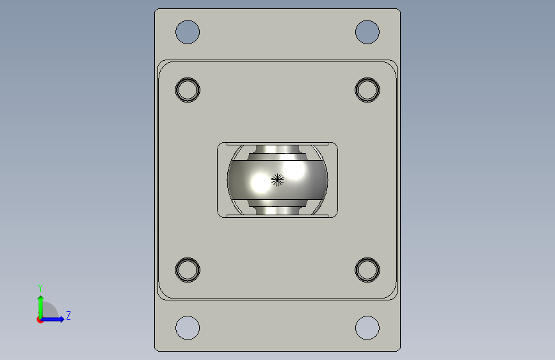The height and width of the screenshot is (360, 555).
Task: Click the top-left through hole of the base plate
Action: point(188,32)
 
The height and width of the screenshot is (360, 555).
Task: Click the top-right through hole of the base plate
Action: point(367,32)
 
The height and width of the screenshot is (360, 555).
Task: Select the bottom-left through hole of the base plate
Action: point(188,328)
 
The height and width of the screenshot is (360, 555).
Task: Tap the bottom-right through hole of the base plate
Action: point(367,328)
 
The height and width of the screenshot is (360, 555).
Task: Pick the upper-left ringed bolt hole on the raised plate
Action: point(188,90)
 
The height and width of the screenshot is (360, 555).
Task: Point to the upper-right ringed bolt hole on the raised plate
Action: point(367,90)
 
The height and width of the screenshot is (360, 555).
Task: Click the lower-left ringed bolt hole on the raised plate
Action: point(188,270)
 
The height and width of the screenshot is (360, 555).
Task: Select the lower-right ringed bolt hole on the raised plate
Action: point(367,270)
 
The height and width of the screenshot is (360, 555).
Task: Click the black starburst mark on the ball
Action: point(278,180)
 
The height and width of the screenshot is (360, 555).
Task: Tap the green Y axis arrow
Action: point(41,307)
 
